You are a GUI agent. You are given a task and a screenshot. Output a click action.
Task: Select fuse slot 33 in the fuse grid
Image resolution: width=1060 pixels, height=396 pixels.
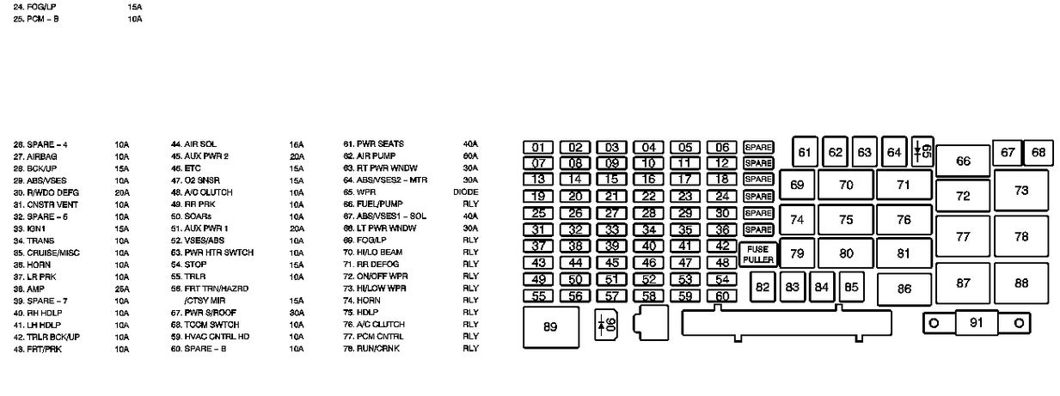611,229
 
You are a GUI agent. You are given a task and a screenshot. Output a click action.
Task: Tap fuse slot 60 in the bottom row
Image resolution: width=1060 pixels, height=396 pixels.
721,296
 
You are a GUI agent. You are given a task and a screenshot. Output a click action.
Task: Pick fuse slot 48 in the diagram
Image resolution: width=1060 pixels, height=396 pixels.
721,263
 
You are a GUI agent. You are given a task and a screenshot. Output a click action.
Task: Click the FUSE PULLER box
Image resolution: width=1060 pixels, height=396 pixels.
758,254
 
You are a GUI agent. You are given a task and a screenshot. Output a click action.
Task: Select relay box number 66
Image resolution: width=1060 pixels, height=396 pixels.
962,161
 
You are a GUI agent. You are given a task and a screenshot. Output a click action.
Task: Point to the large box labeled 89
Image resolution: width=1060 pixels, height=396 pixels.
550,327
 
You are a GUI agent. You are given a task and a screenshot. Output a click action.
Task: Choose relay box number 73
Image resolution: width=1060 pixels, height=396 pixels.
1020,191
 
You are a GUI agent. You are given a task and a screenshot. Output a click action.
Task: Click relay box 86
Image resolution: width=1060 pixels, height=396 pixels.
904,289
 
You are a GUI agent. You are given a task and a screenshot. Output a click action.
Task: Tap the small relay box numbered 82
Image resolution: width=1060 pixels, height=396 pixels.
762,287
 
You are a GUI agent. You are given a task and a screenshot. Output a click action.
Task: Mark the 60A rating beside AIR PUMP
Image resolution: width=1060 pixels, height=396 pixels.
469,156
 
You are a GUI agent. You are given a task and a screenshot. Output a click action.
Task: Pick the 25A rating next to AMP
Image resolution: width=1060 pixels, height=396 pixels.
121,289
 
